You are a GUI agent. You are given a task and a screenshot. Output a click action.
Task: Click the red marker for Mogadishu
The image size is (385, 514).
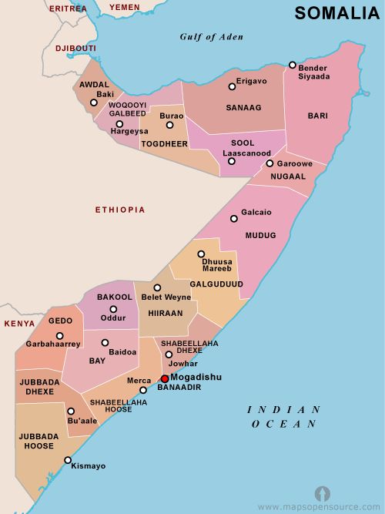coord(164,378)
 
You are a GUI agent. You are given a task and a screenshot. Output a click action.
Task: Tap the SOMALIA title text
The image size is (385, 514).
coord(336,12)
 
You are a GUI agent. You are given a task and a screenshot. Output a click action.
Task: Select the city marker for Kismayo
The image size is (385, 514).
coord(68,460)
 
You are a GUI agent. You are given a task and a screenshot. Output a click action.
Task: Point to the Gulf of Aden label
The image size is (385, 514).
coord(212,36)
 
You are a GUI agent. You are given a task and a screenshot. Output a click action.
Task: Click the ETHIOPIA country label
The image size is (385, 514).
coord(119,210)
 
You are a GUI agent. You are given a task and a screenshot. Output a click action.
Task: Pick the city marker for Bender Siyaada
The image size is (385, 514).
coord(293,66)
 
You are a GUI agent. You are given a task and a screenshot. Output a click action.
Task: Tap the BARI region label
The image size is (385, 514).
coord(318,116)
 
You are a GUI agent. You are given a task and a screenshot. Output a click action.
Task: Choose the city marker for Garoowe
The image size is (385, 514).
coord(269,163)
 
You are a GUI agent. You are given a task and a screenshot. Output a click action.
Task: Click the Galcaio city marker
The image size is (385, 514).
coord(234,219)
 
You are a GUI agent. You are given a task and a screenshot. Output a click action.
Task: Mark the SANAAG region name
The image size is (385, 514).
coord(244,109)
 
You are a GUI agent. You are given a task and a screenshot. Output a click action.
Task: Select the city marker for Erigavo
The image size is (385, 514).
coord(232,87)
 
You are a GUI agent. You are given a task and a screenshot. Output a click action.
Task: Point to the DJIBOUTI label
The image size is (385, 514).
coord(75,48)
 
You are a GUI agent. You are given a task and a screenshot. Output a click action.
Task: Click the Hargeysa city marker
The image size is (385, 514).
coord(119,124)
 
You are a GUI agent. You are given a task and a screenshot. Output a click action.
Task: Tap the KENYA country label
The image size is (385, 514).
coord(19,324)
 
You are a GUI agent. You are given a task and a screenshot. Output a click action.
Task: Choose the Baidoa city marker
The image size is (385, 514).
coord(105,343)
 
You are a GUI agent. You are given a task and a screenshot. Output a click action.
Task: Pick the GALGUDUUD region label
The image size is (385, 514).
coord(216,284)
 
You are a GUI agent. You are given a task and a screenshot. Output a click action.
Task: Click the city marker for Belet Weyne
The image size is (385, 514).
coord(157,288)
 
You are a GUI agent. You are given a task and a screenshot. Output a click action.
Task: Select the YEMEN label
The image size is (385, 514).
coord(125,7)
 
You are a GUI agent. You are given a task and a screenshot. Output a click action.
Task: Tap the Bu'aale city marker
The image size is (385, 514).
coord(71,412)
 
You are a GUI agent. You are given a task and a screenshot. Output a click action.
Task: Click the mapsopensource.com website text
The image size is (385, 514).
coord(320,507)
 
